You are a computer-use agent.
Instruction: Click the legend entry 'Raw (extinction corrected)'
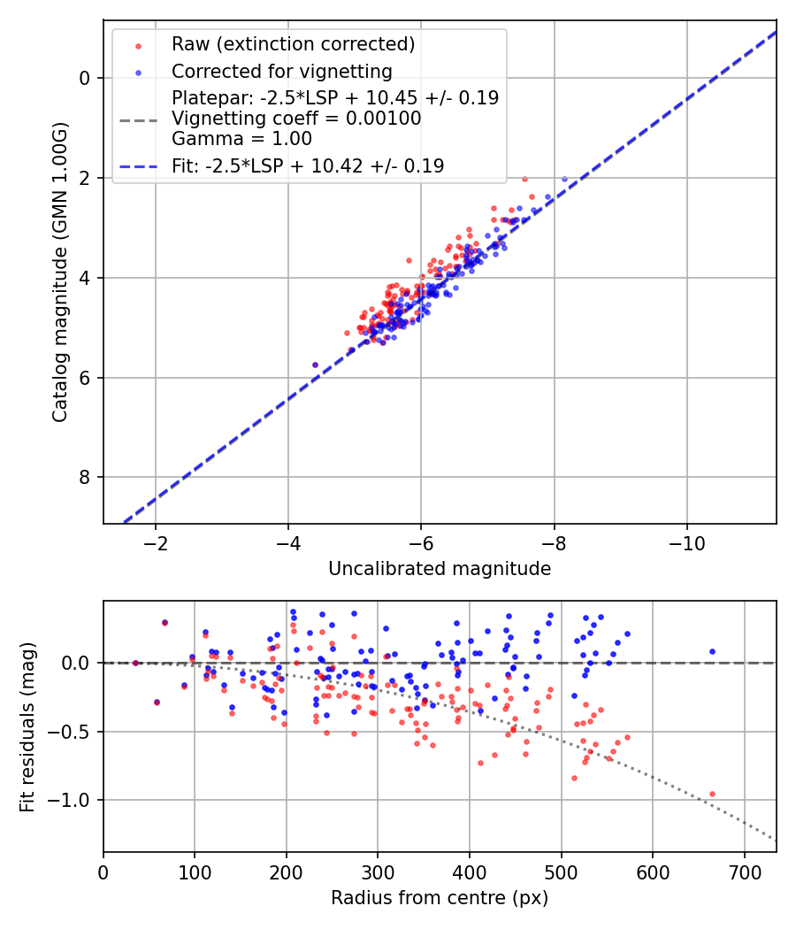click(293, 44)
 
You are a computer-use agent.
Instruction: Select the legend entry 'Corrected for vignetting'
click(281, 71)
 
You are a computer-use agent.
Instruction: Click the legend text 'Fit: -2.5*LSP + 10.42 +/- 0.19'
click(308, 165)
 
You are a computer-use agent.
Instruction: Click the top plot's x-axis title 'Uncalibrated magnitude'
click(440, 569)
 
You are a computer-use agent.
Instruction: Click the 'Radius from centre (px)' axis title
click(440, 898)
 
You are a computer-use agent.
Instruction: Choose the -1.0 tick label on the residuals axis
click(74, 800)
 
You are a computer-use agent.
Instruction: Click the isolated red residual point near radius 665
click(712, 794)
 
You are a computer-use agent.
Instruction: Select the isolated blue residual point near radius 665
click(712, 651)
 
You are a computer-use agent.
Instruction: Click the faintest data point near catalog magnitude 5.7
click(315, 365)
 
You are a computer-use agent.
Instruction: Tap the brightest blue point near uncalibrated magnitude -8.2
click(564, 179)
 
